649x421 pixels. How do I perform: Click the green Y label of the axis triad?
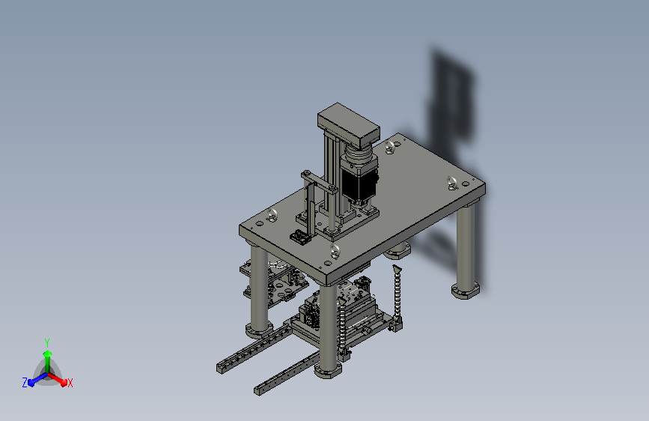point(46,343)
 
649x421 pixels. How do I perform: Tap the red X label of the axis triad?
point(70,383)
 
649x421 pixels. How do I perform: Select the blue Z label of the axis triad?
point(25,383)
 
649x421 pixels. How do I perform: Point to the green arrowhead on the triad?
point(48,354)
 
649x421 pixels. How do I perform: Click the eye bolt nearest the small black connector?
point(272,215)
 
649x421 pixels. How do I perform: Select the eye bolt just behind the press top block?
point(390,147)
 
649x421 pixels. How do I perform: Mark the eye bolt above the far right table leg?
point(452,182)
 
